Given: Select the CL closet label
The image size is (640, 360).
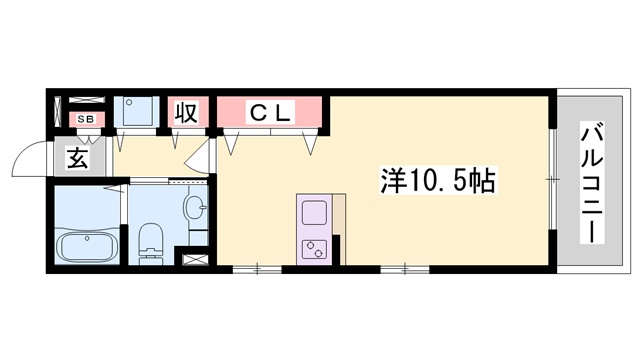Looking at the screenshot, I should coord(270,113).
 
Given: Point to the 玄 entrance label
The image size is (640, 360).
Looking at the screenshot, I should coord(79,157).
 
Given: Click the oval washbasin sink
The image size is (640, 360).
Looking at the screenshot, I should coord(195,209).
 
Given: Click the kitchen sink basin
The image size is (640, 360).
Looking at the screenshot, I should coord(314,214).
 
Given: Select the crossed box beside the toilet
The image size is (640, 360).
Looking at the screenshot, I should coord(193,259).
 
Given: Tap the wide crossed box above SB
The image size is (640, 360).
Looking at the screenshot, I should coord(86,102).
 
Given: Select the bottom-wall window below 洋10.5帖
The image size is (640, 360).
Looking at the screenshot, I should coord(405,268).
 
